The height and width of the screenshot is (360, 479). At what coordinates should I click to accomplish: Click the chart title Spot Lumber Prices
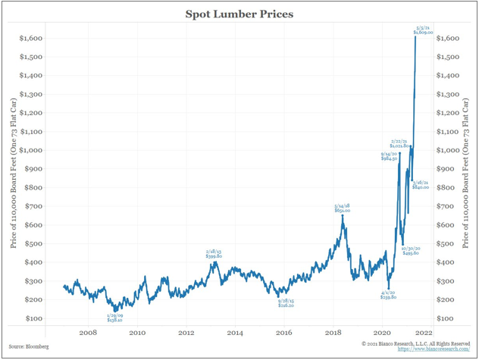coord(239,14)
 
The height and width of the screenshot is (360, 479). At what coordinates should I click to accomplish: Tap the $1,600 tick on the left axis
coord(30,38)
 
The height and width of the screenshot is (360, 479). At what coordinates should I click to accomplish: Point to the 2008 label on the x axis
coord(88,332)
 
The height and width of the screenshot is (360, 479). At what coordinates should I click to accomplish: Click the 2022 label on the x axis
coord(423,332)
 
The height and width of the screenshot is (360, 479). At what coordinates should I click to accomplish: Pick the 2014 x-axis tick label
coord(235,332)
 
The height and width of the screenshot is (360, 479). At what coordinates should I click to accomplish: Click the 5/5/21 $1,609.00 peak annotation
coord(422,30)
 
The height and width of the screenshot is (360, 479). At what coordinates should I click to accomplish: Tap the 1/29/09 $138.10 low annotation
coord(115,318)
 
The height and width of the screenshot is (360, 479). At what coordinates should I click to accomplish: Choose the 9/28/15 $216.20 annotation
coord(286,302)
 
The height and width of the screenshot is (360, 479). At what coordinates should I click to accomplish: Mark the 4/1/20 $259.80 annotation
coord(389,296)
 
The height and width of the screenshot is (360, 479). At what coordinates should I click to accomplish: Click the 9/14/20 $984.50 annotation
coord(390,157)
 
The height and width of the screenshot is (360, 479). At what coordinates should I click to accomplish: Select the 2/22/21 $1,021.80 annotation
coord(400,143)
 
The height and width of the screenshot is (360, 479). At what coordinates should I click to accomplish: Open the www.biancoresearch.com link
coord(427,351)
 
